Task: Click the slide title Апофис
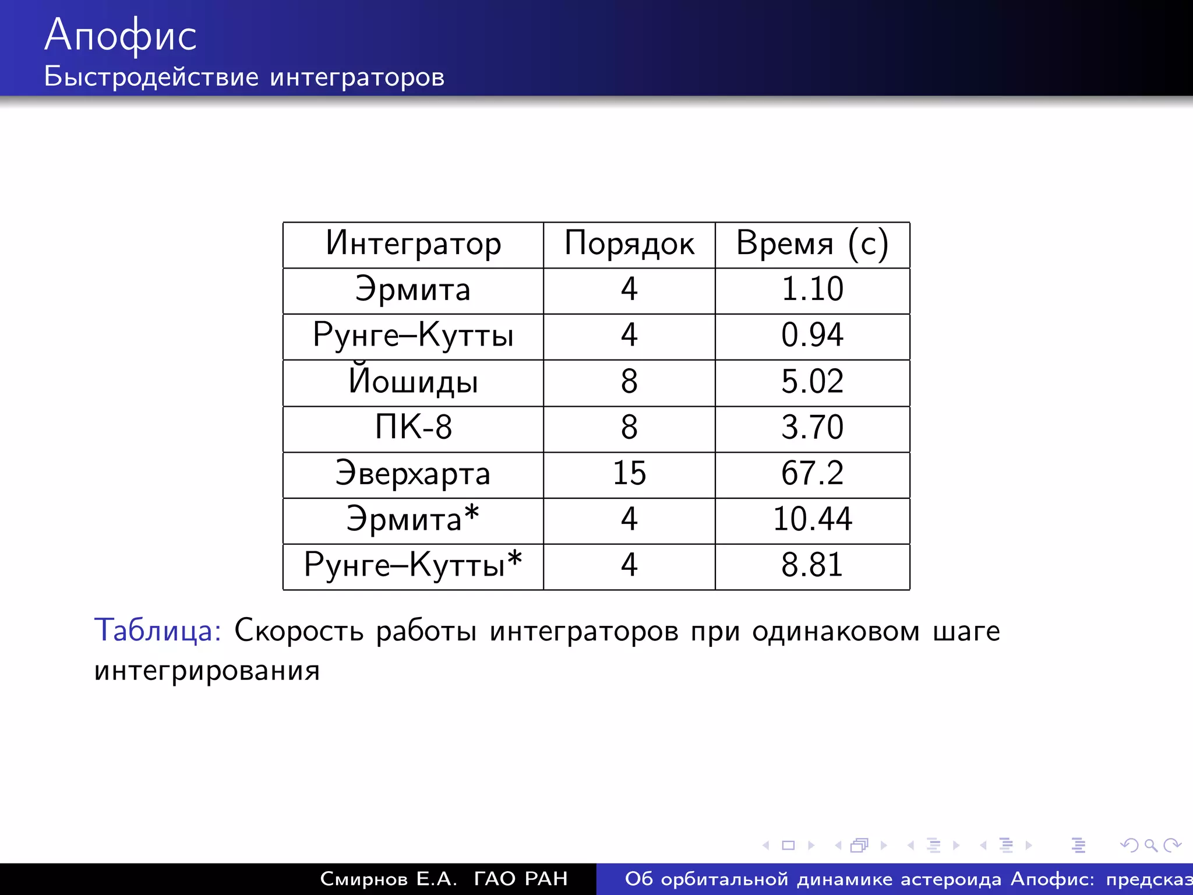(x=121, y=35)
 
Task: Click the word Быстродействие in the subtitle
(x=151, y=77)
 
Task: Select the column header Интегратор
(x=413, y=244)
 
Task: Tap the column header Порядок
(x=629, y=244)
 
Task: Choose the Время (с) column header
(x=812, y=244)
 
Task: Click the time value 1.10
(x=812, y=290)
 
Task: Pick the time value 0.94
(x=812, y=336)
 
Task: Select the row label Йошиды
(x=413, y=382)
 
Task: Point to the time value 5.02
(x=812, y=382)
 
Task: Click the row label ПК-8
(x=413, y=428)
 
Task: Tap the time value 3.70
(x=812, y=428)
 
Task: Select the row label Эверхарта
(x=413, y=474)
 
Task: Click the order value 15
(x=629, y=474)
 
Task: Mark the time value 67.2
(x=812, y=474)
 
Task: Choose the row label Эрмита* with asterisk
(x=413, y=519)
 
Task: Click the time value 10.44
(x=812, y=519)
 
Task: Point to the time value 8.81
(x=812, y=565)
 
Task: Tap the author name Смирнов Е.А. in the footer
(x=389, y=879)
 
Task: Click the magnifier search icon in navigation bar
(x=1150, y=845)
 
